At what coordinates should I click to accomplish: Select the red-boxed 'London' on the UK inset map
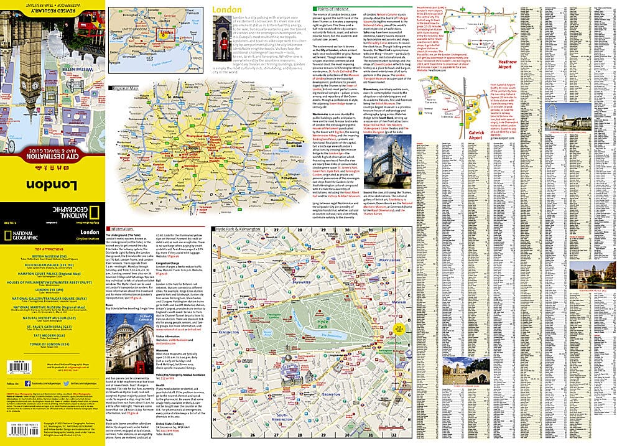point(167,35)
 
